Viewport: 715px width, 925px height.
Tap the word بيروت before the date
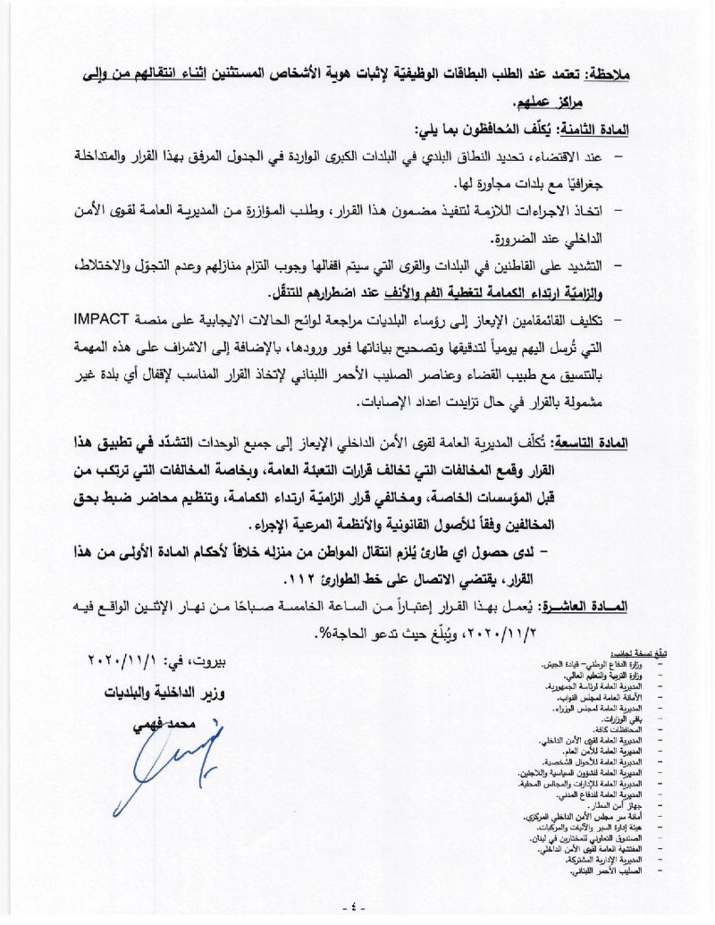232,663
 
